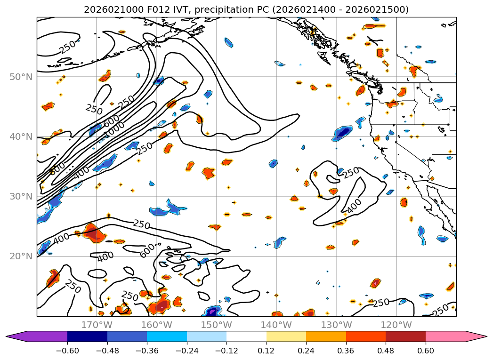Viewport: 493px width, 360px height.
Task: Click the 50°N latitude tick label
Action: [21, 77]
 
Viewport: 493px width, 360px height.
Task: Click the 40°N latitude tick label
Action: [21, 136]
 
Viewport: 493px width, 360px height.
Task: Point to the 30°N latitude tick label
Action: [21, 196]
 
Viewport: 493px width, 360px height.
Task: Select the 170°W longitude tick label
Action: [97, 325]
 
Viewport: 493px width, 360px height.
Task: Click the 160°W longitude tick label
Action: [156, 325]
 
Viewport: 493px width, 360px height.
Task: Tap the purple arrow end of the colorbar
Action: [16, 336]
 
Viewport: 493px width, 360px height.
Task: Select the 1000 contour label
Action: [114, 129]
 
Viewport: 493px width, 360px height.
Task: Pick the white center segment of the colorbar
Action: [246, 336]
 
